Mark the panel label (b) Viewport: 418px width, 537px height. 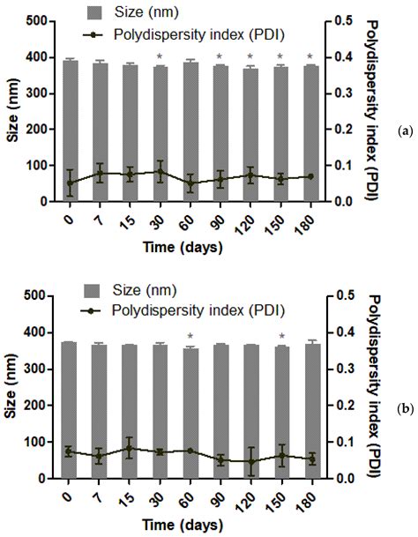(405, 408)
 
